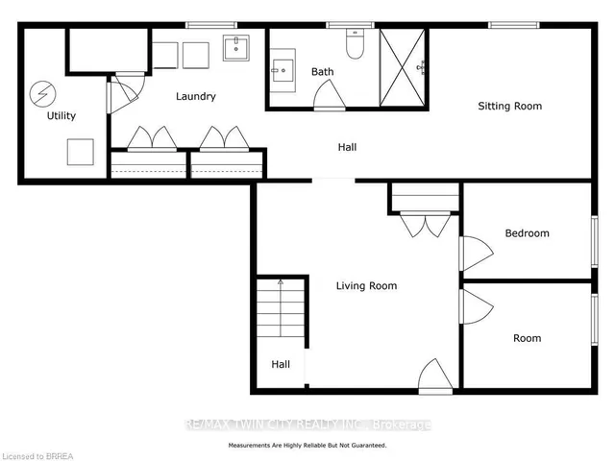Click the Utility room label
61,115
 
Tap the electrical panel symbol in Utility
42,94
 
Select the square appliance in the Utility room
81,152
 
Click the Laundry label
196,96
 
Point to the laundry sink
236,48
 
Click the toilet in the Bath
355,43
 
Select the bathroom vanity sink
283,70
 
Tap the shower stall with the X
403,67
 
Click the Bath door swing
330,95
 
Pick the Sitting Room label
510,107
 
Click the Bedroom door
477,254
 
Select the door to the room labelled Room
477,306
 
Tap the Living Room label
366,286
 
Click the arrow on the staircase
281,308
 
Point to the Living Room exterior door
435,376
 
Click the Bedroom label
528,233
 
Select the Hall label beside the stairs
281,365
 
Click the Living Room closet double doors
425,225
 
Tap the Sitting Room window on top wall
514,25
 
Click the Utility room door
123,94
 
